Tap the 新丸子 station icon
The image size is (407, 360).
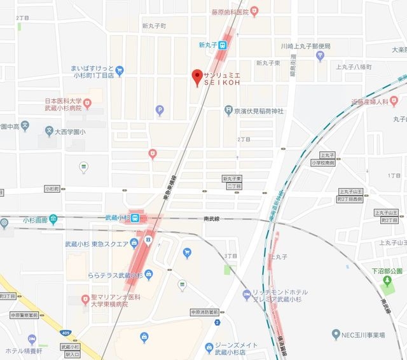pos(223,45)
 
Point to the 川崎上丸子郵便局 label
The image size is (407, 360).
pos(306,46)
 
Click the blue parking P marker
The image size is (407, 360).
pos(160,111)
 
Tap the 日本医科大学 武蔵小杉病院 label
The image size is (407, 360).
pos(63,106)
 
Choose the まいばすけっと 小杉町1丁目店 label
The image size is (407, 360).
pos(93,71)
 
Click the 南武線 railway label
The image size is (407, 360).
pos(212,218)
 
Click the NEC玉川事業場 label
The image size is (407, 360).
pos(369,335)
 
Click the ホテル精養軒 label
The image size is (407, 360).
pos(24,350)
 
